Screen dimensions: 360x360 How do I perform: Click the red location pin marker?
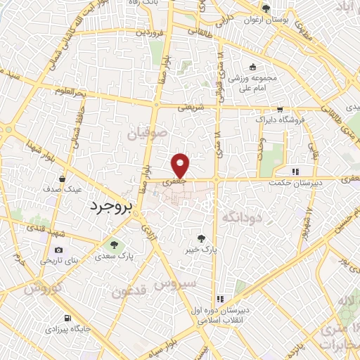coord(181,165)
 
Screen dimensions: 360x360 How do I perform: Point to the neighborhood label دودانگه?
coord(242,219)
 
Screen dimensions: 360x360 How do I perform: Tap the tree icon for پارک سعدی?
coord(115,245)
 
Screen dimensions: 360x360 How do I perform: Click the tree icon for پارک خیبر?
coord(202,239)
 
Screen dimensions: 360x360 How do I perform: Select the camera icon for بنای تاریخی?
coord(58,250)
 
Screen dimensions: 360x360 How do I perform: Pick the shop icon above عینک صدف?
coord(63,179)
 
